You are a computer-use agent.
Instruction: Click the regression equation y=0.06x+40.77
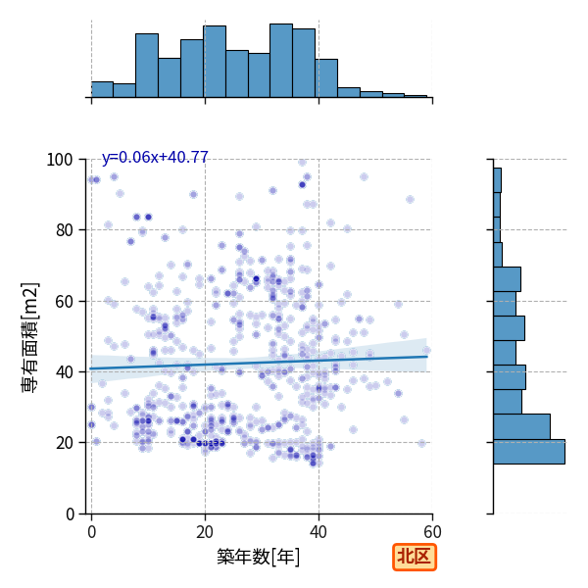click(155, 157)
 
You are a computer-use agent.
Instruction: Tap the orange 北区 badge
click(415, 557)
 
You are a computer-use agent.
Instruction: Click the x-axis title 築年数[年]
click(259, 557)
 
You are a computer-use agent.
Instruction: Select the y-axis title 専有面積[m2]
click(30, 337)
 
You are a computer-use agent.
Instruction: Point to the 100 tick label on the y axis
click(59, 160)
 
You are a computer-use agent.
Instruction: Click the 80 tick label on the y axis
click(64, 230)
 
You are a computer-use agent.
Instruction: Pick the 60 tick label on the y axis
click(64, 302)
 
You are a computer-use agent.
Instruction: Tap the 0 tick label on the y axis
click(70, 514)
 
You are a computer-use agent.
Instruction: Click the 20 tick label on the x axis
click(205, 532)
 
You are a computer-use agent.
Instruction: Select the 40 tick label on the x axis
click(318, 532)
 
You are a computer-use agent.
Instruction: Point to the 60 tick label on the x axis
click(432, 532)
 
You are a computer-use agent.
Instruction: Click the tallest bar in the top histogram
click(281, 61)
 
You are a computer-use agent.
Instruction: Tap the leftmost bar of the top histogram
click(102, 89)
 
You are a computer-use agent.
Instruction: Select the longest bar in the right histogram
click(529, 452)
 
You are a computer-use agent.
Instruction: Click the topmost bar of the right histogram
click(497, 180)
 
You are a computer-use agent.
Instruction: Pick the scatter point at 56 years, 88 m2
click(410, 200)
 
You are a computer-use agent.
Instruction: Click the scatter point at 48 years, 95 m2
click(364, 177)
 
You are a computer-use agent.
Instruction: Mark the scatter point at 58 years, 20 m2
click(421, 443)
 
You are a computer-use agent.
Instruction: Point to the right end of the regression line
click(427, 357)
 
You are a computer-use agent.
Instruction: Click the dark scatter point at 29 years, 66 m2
click(256, 279)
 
